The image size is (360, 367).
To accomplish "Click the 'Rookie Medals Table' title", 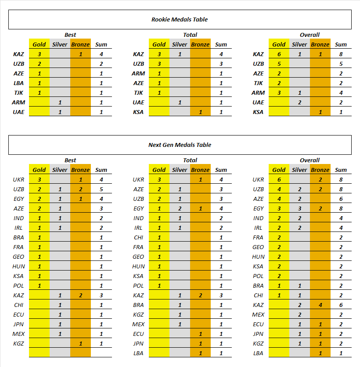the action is coord(180,19).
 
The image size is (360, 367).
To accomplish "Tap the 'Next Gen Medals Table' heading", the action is coord(180,145).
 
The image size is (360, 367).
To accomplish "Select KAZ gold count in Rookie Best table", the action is coord(40,54).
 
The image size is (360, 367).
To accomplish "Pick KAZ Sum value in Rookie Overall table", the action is coord(341,54).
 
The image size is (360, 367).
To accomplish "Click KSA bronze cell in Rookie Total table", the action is coord(200,112).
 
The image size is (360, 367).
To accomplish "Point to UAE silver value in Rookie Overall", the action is coord(299,103).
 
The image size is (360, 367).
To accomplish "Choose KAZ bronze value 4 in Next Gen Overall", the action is coord(320,305).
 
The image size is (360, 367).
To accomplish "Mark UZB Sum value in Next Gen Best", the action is coord(101,189).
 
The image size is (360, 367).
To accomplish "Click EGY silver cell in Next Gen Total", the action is coord(180,209).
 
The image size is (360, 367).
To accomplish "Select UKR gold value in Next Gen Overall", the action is coord(279,179).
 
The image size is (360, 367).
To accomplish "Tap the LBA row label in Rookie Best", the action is coord(18,83).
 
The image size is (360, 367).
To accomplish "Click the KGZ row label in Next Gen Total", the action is coord(138,314).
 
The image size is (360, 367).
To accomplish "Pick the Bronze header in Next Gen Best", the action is coord(80,170).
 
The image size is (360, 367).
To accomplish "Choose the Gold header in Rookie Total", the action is coord(159,44).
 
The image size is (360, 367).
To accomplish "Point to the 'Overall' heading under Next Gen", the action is coord(310,160).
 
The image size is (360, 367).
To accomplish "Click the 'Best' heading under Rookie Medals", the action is coord(70,35).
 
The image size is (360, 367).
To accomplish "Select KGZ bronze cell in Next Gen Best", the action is coord(80,344).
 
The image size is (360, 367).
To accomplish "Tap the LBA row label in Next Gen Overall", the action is coord(258,353).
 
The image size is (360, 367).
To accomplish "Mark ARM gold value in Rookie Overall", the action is coord(279,93).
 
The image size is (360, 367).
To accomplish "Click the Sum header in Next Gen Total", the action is coord(221,170).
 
